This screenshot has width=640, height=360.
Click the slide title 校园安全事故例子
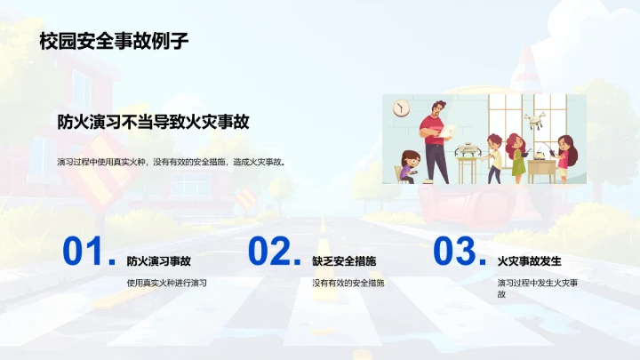click(113, 41)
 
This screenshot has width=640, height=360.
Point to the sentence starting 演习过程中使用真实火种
click(171, 162)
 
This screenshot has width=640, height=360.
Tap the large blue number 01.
click(85, 252)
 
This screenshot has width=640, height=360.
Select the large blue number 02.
click(271, 252)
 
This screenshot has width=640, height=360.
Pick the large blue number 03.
click(456, 252)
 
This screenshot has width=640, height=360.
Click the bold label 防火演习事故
click(158, 261)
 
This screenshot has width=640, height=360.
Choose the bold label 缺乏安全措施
click(344, 261)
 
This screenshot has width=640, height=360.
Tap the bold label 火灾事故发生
click(530, 261)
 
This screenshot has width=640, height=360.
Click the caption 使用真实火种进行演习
click(166, 283)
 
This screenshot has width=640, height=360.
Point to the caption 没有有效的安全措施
click(348, 283)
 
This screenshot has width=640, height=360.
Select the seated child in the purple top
click(409, 166)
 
